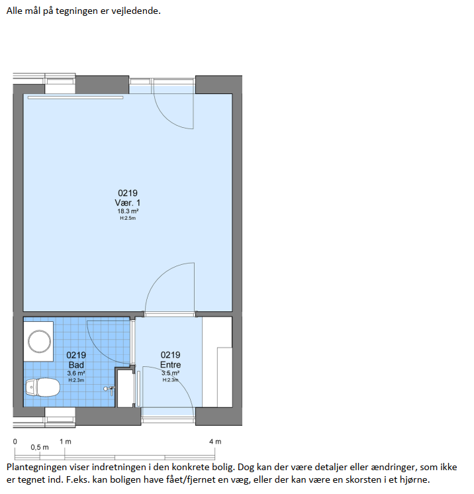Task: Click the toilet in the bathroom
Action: tap(42, 387)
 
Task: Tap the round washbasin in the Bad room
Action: tap(39, 342)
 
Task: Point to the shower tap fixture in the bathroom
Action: tap(109, 389)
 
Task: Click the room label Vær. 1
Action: tap(128, 203)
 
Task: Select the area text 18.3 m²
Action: tap(128, 211)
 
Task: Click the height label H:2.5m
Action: tap(128, 218)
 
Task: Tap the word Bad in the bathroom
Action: tap(76, 365)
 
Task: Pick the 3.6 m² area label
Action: tap(76, 373)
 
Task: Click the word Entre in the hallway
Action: tap(170, 364)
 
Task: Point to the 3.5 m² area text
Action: tap(170, 373)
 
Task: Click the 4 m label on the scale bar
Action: tap(215, 442)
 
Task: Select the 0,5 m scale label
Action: tap(40, 448)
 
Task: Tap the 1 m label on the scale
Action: tap(65, 442)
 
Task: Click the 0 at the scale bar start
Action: tap(15, 442)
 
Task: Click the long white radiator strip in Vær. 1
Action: tap(75, 97)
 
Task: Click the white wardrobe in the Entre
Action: tap(217, 362)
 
